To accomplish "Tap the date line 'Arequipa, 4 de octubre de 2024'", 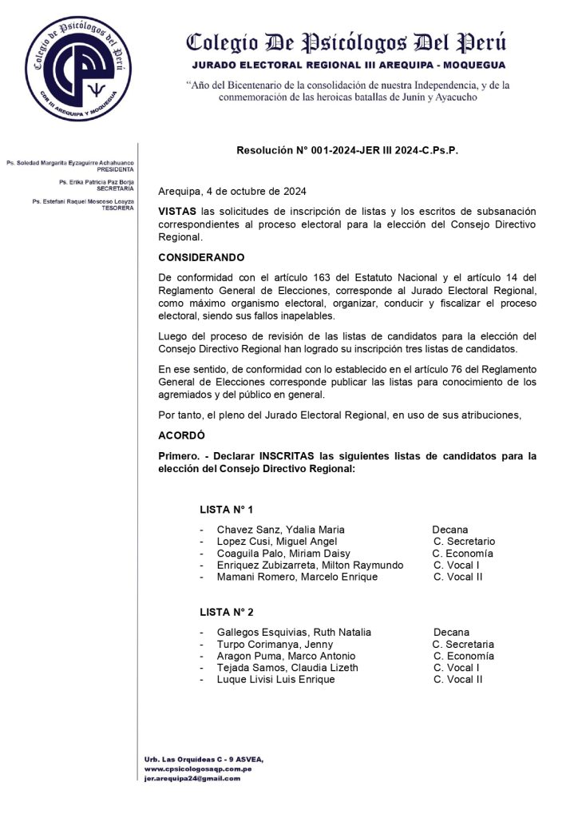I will [x=232, y=192].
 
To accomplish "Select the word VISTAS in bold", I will [x=176, y=211].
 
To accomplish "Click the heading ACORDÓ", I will [x=181, y=435].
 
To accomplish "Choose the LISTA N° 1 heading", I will [x=227, y=509].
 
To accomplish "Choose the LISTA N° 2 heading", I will [x=227, y=612].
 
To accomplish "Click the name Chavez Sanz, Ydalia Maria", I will [x=280, y=530].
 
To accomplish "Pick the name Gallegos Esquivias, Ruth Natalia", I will [x=294, y=633].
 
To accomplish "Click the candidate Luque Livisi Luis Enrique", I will [x=275, y=680].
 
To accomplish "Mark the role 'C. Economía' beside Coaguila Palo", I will [x=462, y=554].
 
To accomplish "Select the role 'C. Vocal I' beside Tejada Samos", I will [x=457, y=668].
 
